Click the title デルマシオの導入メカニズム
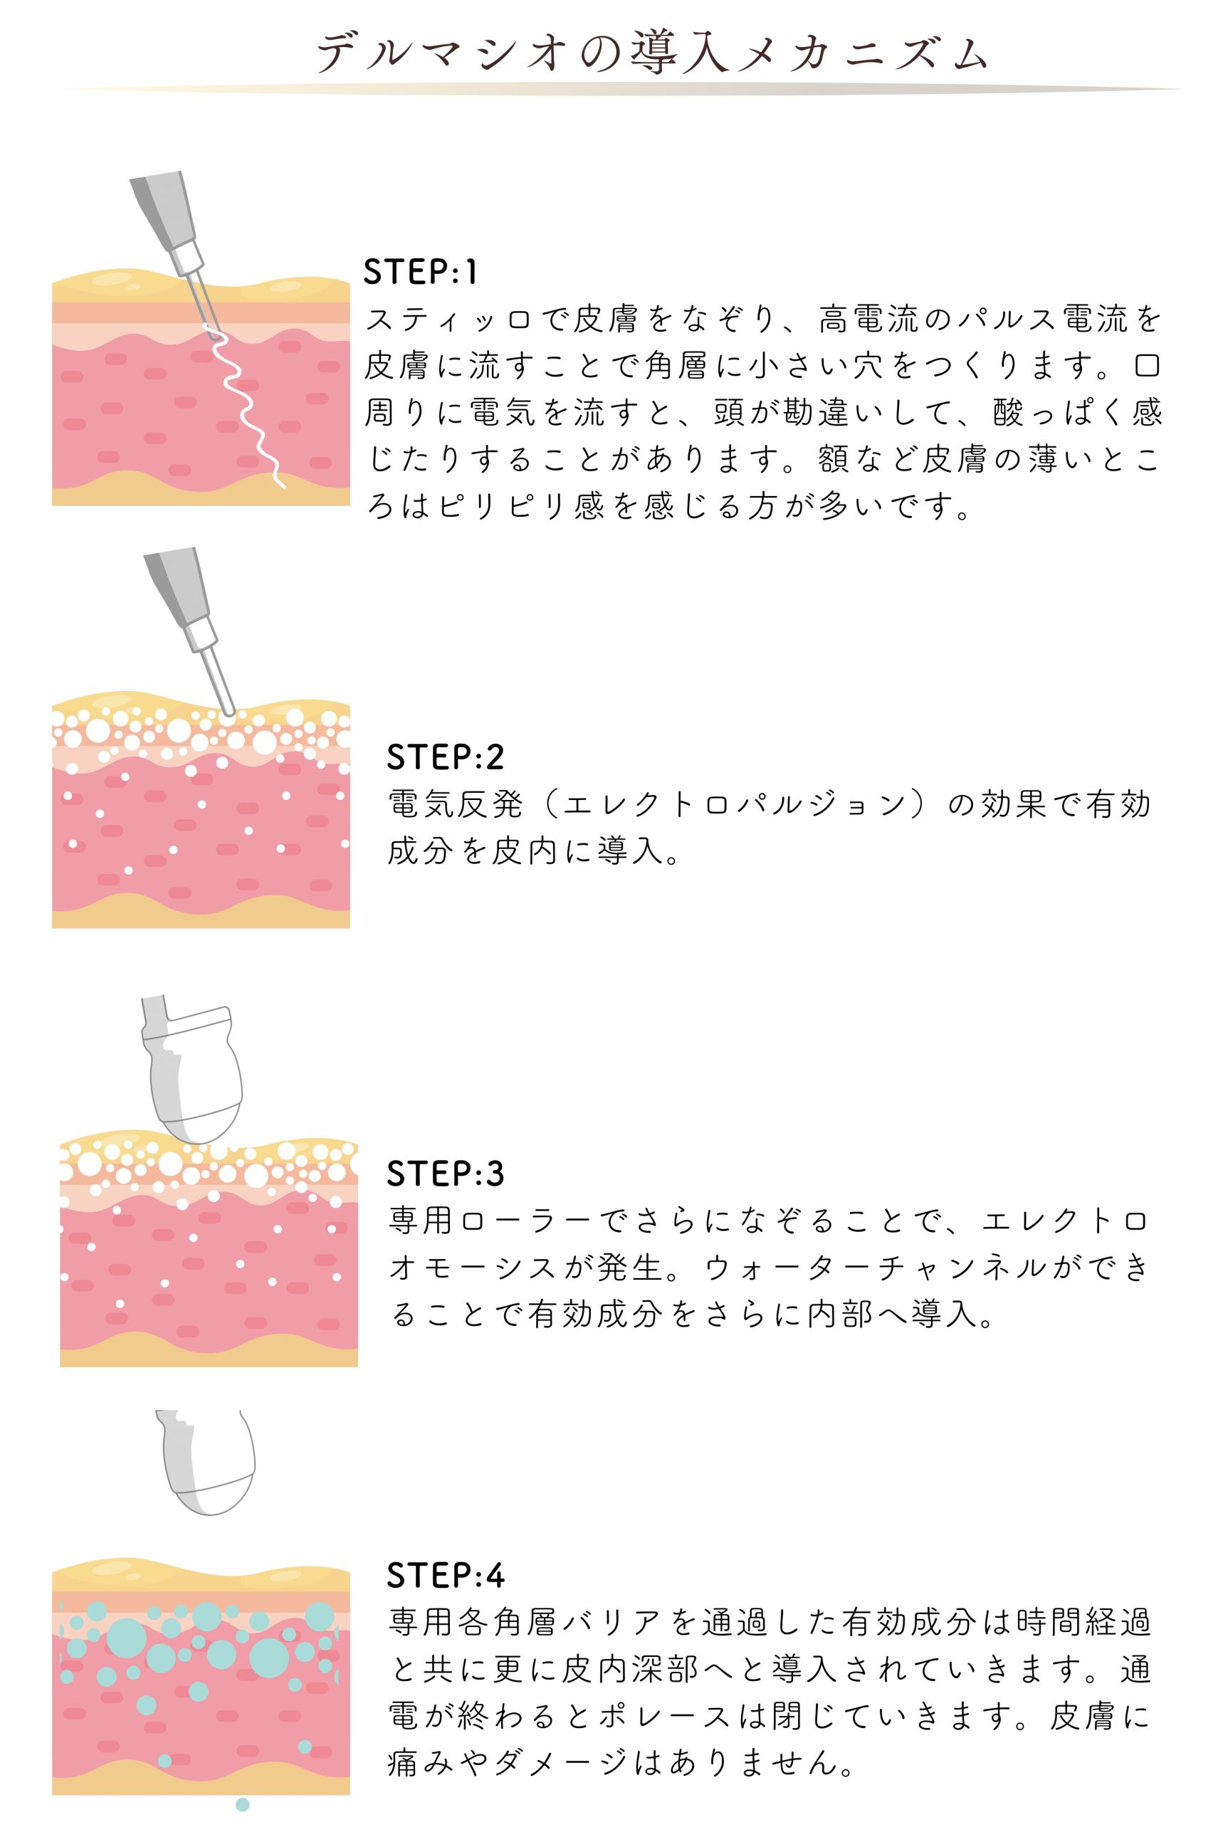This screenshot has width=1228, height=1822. click(651, 53)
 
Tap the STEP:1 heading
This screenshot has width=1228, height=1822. click(421, 272)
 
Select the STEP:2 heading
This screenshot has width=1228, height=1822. click(445, 757)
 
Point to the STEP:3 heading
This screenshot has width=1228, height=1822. click(445, 1174)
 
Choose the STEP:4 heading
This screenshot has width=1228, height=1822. click(445, 1574)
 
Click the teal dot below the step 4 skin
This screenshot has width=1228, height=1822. click(242, 1805)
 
